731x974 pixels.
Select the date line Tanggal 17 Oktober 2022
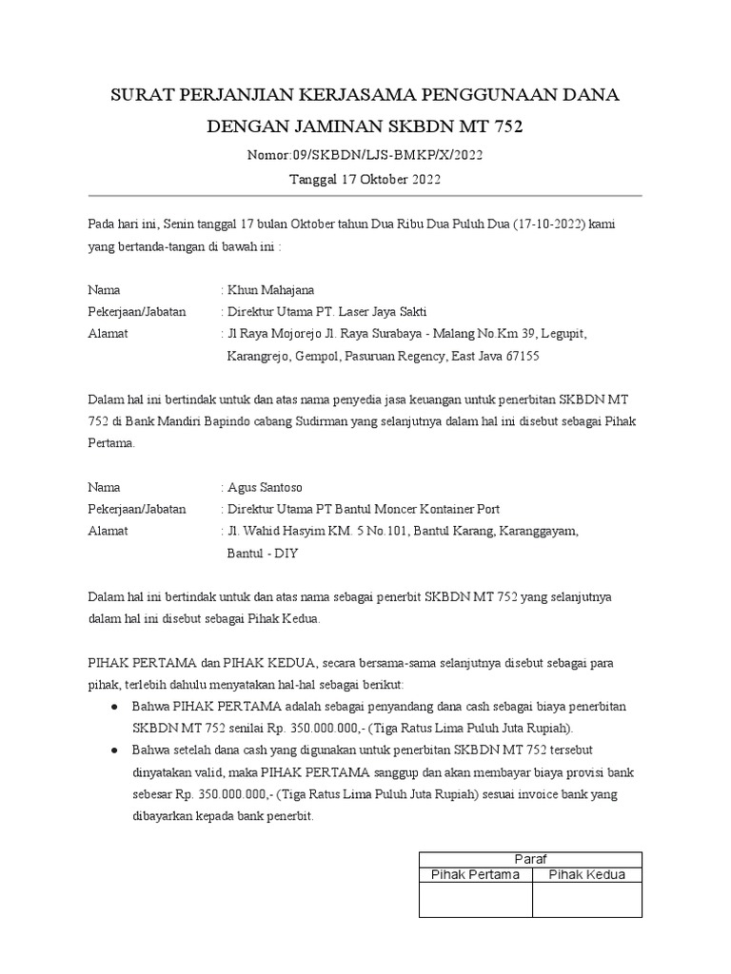coord(365,179)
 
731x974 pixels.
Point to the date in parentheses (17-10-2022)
coord(549,224)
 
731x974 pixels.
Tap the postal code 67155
coord(518,357)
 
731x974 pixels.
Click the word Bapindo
coord(264,421)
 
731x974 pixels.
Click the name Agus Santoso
coord(264,487)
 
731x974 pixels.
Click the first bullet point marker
coord(115,708)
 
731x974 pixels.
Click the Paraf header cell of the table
coord(530,859)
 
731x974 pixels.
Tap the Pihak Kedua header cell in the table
coord(587,875)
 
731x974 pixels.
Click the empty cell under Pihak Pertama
coord(476,900)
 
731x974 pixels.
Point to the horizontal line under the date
coord(365,196)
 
